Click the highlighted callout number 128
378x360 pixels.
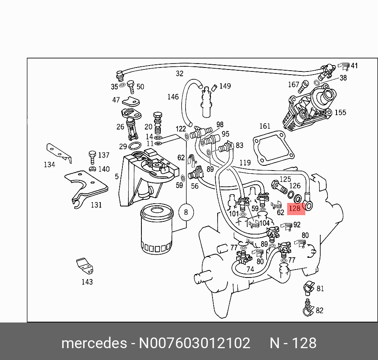pyautogui.click(x=295, y=208)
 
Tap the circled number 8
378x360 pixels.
pyautogui.click(x=186, y=213)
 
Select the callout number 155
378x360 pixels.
pyautogui.click(x=340, y=112)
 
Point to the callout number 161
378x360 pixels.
pyautogui.click(x=265, y=126)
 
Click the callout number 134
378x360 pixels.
pyautogui.click(x=49, y=165)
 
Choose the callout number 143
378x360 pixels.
pyautogui.click(x=87, y=282)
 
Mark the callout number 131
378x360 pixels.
pyautogui.click(x=96, y=205)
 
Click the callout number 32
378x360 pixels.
pyautogui.click(x=180, y=73)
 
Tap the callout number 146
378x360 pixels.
pyautogui.click(x=173, y=97)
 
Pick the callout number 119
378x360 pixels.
pyautogui.click(x=245, y=162)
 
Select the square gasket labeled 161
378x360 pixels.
pyautogui.click(x=273, y=148)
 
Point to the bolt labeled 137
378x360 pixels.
pyautogui.click(x=92, y=157)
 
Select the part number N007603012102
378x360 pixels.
pyautogui.click(x=194, y=343)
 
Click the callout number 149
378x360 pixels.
pyautogui.click(x=225, y=86)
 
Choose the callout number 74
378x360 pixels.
pyautogui.click(x=250, y=270)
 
